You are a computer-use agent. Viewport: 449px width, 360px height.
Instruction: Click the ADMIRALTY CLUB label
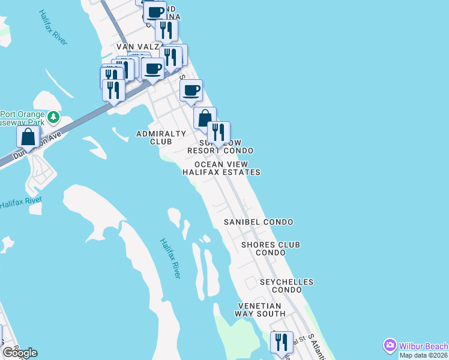tap(154, 137)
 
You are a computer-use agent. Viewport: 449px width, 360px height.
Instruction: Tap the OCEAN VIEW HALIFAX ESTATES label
tap(221, 168)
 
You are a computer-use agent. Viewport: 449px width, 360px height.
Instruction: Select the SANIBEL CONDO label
tap(259, 222)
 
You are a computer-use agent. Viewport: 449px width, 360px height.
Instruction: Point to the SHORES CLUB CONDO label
tap(271, 248)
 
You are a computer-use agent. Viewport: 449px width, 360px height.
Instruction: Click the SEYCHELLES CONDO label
tap(286, 286)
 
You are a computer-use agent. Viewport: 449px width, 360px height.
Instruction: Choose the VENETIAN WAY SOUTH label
tap(260, 310)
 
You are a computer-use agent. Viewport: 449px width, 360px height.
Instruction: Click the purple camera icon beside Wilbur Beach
tap(390, 346)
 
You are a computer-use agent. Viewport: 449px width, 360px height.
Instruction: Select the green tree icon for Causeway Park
tap(53, 115)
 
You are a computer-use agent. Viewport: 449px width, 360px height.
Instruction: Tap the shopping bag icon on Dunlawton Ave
tap(28, 137)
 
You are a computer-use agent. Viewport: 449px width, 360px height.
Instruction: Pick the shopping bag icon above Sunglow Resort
tap(205, 118)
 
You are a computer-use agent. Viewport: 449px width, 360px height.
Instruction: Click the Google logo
tap(20, 353)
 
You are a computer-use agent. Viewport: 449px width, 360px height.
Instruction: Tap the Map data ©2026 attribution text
tap(424, 355)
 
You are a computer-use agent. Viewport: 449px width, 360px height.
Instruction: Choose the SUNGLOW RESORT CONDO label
tap(220, 147)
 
